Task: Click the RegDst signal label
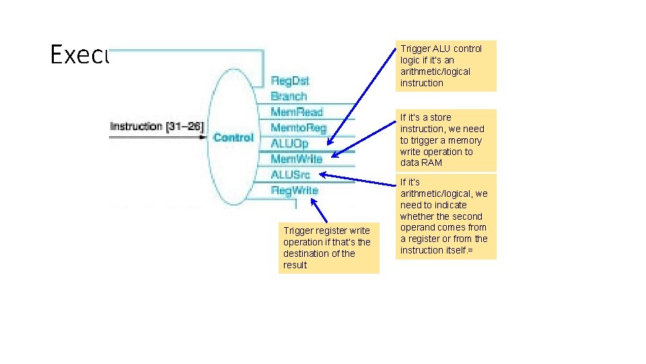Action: click(x=290, y=81)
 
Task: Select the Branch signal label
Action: click(x=289, y=96)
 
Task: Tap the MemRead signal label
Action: click(x=296, y=112)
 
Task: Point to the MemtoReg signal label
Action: click(x=298, y=127)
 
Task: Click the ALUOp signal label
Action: click(x=290, y=143)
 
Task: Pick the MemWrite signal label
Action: click(x=296, y=159)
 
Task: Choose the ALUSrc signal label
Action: click(x=290, y=175)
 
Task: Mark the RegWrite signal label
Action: click(x=294, y=191)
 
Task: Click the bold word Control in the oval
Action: click(x=234, y=138)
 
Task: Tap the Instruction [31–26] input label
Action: click(x=156, y=126)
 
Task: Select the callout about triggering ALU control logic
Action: click(x=447, y=66)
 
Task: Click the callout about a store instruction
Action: click(x=447, y=140)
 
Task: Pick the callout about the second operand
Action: click(x=447, y=216)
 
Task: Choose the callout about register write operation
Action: click(x=329, y=247)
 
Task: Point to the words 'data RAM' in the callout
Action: click(x=421, y=163)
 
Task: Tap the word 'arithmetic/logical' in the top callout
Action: click(x=435, y=71)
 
